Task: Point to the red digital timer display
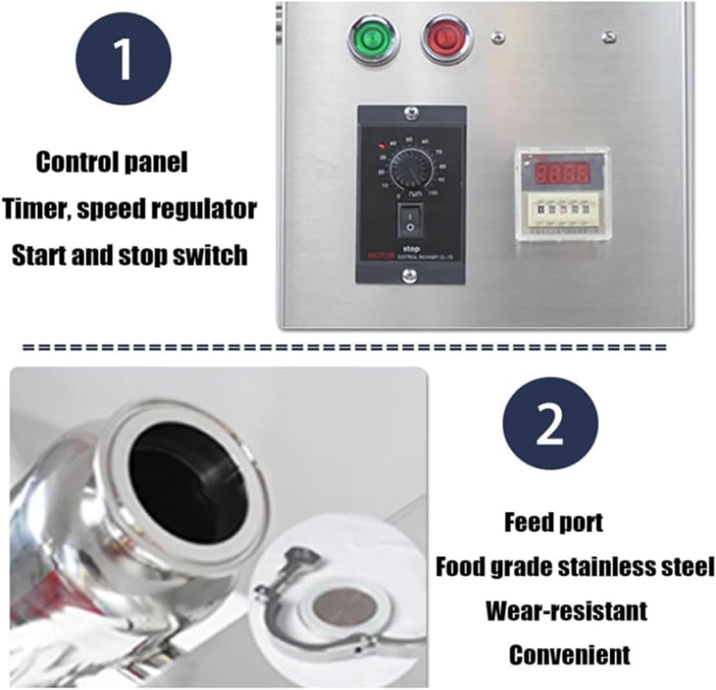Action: click(561, 172)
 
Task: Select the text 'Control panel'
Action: click(112, 163)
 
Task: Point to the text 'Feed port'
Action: click(553, 523)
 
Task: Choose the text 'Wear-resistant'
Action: click(566, 611)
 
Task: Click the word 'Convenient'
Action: click(569, 655)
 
